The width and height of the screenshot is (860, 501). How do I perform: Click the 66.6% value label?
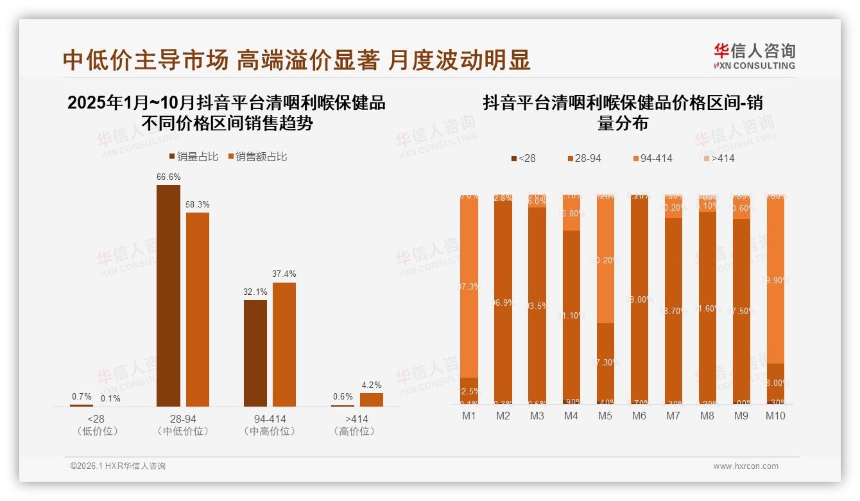(x=168, y=177)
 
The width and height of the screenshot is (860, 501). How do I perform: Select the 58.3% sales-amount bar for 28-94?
(x=198, y=308)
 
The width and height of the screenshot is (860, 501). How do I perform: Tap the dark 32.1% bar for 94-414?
(x=255, y=353)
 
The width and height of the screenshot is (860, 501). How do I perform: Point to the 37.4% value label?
(x=284, y=274)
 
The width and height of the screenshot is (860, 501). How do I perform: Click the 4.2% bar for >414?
(x=371, y=400)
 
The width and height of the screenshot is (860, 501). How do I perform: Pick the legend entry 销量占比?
(x=193, y=156)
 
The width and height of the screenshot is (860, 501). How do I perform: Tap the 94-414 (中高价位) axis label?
(x=270, y=425)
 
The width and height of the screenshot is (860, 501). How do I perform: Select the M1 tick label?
(x=469, y=416)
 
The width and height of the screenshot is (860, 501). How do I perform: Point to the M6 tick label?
(x=639, y=416)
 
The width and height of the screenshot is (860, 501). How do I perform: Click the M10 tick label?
(x=775, y=416)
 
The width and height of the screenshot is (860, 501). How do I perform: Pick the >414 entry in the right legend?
(x=718, y=158)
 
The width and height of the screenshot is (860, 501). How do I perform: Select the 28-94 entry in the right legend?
(x=584, y=158)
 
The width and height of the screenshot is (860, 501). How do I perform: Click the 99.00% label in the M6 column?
(x=639, y=299)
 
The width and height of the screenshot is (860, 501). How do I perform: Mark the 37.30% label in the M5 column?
(x=605, y=362)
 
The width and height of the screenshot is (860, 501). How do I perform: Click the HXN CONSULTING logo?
(x=754, y=56)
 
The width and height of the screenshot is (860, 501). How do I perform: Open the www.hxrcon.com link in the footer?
(x=746, y=466)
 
